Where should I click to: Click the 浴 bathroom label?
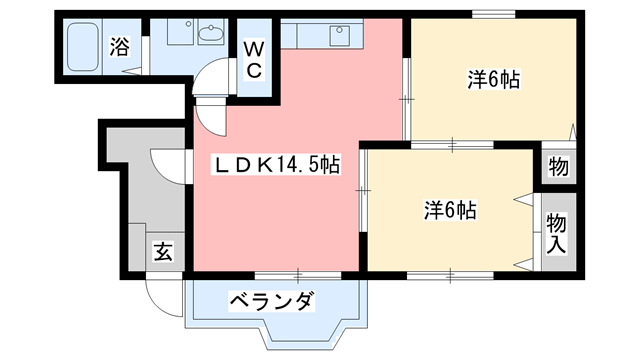click(x=119, y=46)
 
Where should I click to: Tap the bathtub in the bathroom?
click(x=84, y=45)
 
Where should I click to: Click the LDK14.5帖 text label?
click(x=275, y=166)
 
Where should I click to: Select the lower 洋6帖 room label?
click(x=449, y=210)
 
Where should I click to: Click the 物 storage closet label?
click(x=558, y=167)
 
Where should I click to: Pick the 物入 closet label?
click(x=556, y=231)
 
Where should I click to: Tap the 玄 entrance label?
click(x=163, y=251)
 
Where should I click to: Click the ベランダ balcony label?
click(x=272, y=300)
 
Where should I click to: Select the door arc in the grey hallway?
click(x=166, y=165)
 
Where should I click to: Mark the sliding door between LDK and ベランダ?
click(x=298, y=273)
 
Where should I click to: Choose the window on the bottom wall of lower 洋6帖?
click(x=450, y=273)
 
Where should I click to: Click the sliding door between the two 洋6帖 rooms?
click(x=451, y=146)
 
